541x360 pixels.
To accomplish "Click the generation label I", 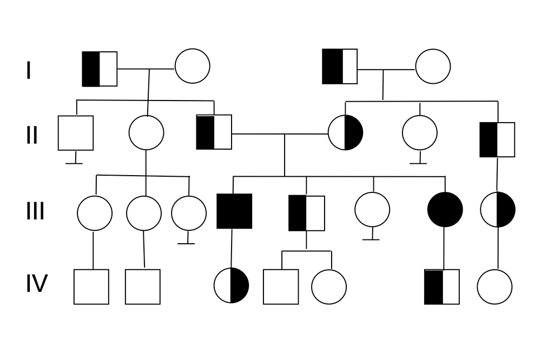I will [x=28, y=71].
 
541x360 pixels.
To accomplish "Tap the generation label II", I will [x=32, y=135].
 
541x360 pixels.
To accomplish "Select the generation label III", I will [x=35, y=211].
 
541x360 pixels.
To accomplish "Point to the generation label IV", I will [x=36, y=284].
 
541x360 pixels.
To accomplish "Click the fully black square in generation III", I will [x=234, y=211].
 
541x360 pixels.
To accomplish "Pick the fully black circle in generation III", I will [x=445, y=210].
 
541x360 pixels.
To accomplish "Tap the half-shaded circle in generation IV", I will [x=232, y=285].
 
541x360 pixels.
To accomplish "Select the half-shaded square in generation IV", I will [x=441, y=286].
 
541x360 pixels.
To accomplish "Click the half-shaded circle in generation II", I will [x=345, y=132].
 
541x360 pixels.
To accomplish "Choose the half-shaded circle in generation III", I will [x=498, y=209].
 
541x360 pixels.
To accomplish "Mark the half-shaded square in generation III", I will [x=307, y=213].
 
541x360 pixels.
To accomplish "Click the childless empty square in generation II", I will [x=76, y=133].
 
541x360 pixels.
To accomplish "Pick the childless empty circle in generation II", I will [x=420, y=133].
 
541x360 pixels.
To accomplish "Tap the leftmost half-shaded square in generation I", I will [x=100, y=69].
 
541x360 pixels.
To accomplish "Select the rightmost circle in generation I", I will [x=433, y=66].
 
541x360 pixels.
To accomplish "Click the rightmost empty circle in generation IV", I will [x=494, y=286].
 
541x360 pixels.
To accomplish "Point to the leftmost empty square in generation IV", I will [x=91, y=286].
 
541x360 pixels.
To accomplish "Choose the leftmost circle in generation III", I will [x=95, y=213].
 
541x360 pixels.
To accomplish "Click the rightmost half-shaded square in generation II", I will [x=497, y=139].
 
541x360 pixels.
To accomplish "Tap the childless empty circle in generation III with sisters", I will [x=189, y=213].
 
